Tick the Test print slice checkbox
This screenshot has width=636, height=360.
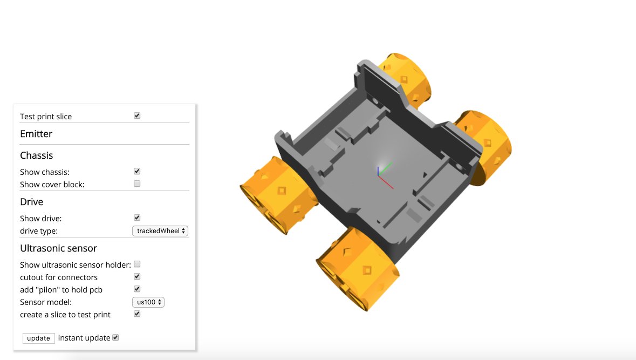click(137, 116)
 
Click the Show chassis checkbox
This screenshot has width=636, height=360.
click(137, 171)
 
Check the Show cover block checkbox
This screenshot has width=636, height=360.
click(137, 184)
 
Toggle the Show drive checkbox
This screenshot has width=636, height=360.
click(137, 218)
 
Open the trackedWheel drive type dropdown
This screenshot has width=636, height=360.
click(160, 230)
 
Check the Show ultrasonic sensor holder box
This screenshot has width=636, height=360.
click(137, 264)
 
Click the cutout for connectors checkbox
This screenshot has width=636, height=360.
click(137, 276)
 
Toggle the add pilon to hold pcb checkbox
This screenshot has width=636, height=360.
click(137, 289)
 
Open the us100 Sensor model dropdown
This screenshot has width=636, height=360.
click(148, 302)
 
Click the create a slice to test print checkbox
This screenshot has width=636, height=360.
click(137, 314)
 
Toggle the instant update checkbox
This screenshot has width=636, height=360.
click(115, 338)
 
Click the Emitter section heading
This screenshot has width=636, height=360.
click(36, 134)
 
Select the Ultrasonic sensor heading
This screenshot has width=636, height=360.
click(58, 248)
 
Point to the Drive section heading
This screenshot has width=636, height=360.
click(31, 202)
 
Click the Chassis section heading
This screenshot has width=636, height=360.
click(36, 155)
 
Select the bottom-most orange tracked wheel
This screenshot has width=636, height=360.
click(358, 270)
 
